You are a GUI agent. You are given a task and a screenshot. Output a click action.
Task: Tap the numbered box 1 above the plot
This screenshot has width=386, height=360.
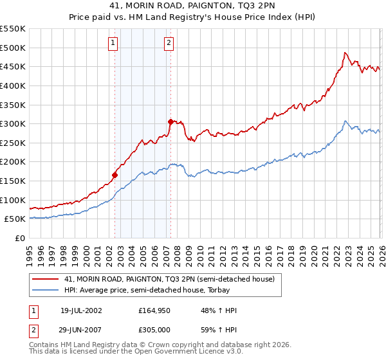click(113, 43)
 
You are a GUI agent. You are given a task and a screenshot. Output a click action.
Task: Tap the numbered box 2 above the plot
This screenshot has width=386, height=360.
click(169, 43)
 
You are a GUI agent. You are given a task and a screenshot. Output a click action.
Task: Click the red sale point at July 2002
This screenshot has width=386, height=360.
click(115, 175)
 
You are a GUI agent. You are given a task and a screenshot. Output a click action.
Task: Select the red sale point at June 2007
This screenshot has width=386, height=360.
click(171, 122)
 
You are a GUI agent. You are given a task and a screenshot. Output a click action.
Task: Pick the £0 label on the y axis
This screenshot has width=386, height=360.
click(20, 238)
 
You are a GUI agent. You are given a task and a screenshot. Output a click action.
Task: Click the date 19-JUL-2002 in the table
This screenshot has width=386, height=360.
click(81, 310)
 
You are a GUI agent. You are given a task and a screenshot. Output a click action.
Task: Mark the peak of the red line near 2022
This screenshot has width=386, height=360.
click(345, 53)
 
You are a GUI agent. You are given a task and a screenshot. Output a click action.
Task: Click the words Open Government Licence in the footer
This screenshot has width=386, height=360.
click(183, 352)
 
